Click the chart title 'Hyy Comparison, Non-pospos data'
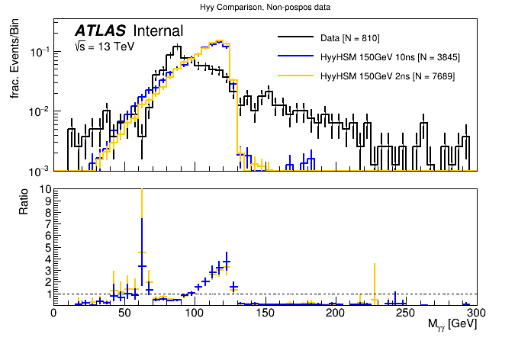click(x=265, y=7)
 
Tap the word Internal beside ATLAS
click(x=158, y=31)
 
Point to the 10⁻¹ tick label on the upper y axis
click(x=39, y=52)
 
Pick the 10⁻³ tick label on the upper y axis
click(x=39, y=169)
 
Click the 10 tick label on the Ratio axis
click(x=44, y=189)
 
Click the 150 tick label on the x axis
click(x=265, y=313)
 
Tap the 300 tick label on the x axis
click(x=476, y=313)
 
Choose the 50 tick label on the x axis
click(x=124, y=313)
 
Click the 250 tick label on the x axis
click(x=406, y=313)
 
